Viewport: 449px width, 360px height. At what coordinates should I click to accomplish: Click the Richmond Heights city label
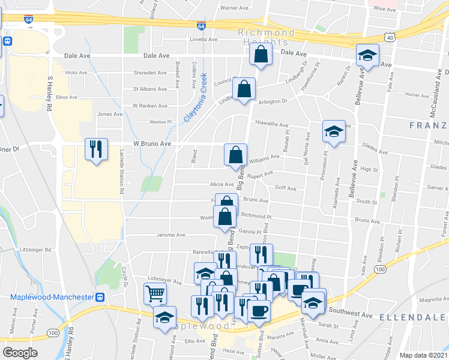[266, 37]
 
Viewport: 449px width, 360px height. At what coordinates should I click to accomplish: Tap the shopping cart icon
[154, 293]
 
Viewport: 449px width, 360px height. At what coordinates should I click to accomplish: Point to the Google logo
[20, 352]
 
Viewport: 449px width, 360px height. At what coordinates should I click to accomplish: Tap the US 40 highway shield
[390, 38]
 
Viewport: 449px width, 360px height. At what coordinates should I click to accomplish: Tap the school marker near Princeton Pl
[334, 131]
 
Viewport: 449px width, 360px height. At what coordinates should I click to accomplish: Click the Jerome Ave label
[171, 235]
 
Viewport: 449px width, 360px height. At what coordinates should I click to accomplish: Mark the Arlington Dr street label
[273, 102]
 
